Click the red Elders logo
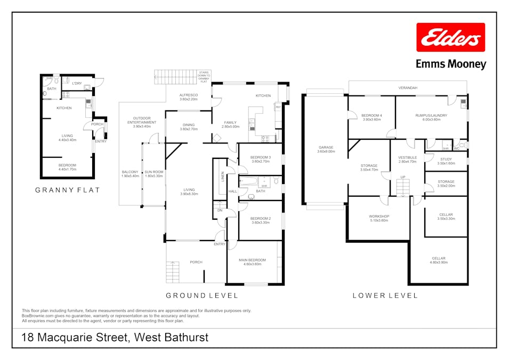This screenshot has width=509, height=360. pos(450,37)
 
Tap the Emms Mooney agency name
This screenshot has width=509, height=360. pos(450,65)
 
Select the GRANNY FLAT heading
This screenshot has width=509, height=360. pos(67,189)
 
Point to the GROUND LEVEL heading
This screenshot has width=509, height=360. pos(202,295)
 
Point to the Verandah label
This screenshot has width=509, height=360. pos(408,87)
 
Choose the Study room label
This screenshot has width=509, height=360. pos(446,161)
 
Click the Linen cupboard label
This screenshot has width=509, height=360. pos(222,176)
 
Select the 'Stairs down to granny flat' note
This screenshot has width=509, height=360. pos(204,76)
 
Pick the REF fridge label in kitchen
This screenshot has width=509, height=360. pos(278,107)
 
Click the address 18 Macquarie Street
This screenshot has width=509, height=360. pos(115,337)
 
